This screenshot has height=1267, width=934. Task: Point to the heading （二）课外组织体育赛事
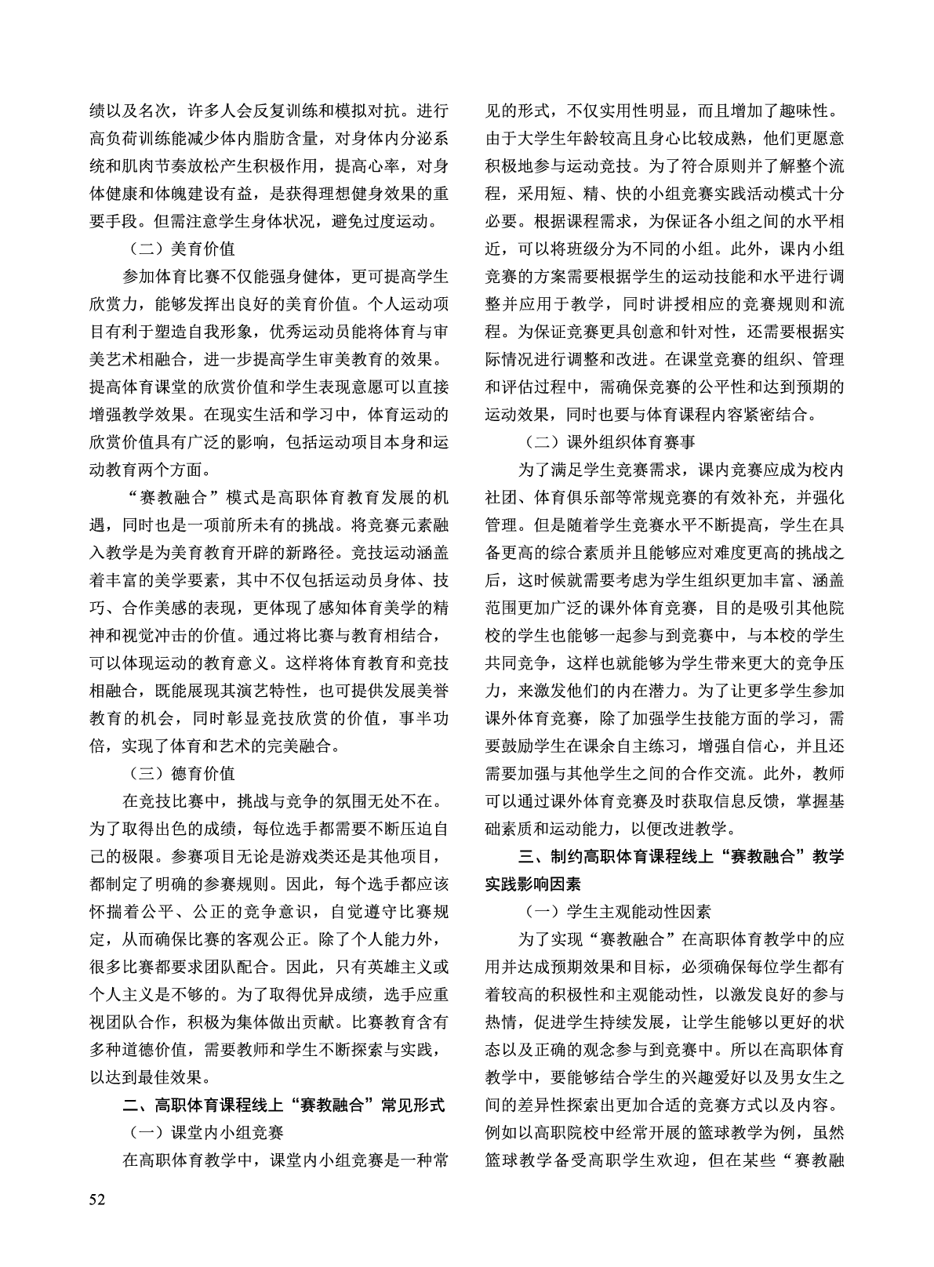[609, 442]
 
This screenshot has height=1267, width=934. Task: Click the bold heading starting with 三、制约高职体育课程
[664, 857]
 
